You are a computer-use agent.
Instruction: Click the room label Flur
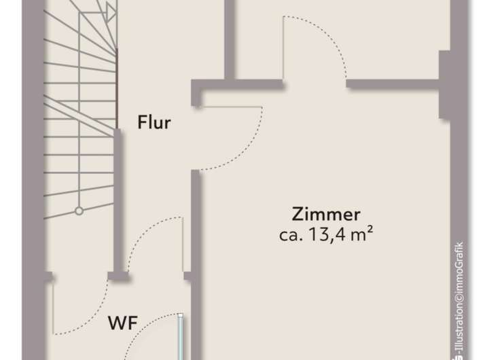tap(154, 123)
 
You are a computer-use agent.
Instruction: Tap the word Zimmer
tap(325, 215)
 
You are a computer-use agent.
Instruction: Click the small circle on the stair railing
tap(79, 211)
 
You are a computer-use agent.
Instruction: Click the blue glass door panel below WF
tap(181, 336)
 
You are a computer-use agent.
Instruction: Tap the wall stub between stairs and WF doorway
tap(119, 275)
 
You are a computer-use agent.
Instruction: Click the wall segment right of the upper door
tap(394, 84)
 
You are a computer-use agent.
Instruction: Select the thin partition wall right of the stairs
tap(118, 197)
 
